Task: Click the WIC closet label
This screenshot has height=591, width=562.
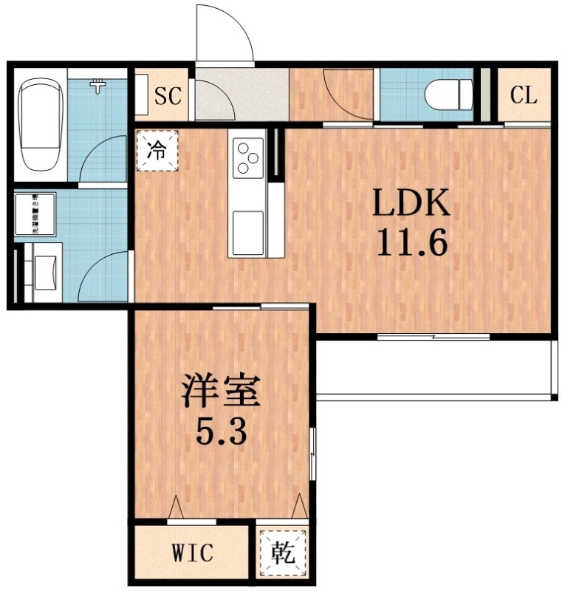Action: coord(193,552)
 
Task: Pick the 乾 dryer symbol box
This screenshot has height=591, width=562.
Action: coord(282,552)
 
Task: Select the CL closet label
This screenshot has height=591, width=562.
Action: coord(524,95)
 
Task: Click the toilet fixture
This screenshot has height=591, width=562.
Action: coord(450,94)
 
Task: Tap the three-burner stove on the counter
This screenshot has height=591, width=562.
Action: coord(247,157)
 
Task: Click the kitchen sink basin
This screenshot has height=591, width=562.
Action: coord(247,224)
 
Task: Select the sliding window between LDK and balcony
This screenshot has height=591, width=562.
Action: coord(434,338)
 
